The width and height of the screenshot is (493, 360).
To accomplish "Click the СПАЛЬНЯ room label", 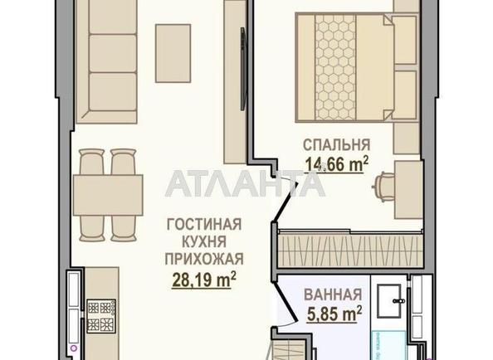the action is (337, 145).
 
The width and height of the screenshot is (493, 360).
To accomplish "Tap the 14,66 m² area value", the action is (337, 164).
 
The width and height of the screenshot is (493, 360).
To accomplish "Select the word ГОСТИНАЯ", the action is (204, 225).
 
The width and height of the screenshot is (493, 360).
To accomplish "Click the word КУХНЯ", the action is (204, 242).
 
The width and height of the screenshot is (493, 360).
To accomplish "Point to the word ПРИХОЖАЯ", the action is (204, 259).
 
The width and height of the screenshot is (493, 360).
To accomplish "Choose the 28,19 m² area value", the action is (204, 280).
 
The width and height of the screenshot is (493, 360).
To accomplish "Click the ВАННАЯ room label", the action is (333, 295).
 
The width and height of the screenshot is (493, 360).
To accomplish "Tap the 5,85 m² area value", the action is (334, 314).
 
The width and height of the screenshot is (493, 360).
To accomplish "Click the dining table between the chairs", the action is (108, 195).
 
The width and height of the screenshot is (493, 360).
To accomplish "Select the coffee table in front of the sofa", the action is (173, 53).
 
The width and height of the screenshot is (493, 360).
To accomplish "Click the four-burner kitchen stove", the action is (101, 316).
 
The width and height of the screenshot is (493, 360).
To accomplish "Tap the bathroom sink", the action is (389, 301).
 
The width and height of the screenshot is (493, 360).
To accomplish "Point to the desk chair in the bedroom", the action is (384, 187).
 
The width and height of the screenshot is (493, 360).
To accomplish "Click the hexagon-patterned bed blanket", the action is (335, 67).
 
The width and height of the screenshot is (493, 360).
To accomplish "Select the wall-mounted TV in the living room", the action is (242, 69).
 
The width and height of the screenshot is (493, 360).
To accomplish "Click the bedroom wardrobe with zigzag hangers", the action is (350, 251).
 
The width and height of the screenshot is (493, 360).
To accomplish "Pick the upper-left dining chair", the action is (91, 162).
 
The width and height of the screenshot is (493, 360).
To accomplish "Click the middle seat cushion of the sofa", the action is (113, 53).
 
